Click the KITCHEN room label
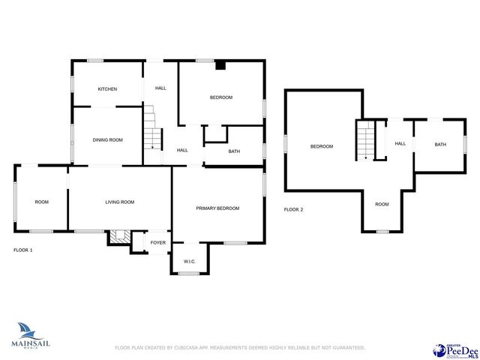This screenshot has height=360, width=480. click(107, 89)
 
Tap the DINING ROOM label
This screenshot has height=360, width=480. click(107, 139)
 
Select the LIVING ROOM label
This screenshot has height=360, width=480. click(119, 202)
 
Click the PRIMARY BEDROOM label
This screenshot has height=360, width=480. click(217, 208)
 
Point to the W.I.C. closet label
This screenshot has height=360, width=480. click(189, 262)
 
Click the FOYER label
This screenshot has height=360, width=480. click(158, 242)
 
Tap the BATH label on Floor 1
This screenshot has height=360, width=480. click(234, 151)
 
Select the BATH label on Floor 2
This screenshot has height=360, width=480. click(440, 144)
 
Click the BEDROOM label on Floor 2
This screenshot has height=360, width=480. click(322, 146)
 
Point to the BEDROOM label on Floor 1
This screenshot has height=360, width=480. click(220, 97)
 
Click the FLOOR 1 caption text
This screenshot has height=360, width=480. click(23, 250)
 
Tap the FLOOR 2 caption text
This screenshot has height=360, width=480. click(293, 209)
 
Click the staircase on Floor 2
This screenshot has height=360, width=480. click(364, 140)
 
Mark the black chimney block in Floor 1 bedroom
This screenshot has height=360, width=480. click(220, 65)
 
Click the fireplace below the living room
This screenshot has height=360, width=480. click(117, 236)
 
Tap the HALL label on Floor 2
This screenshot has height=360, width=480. click(400, 144)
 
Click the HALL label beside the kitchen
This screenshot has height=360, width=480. click(160, 88)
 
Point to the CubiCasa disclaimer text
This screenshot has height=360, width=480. click(239, 347)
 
